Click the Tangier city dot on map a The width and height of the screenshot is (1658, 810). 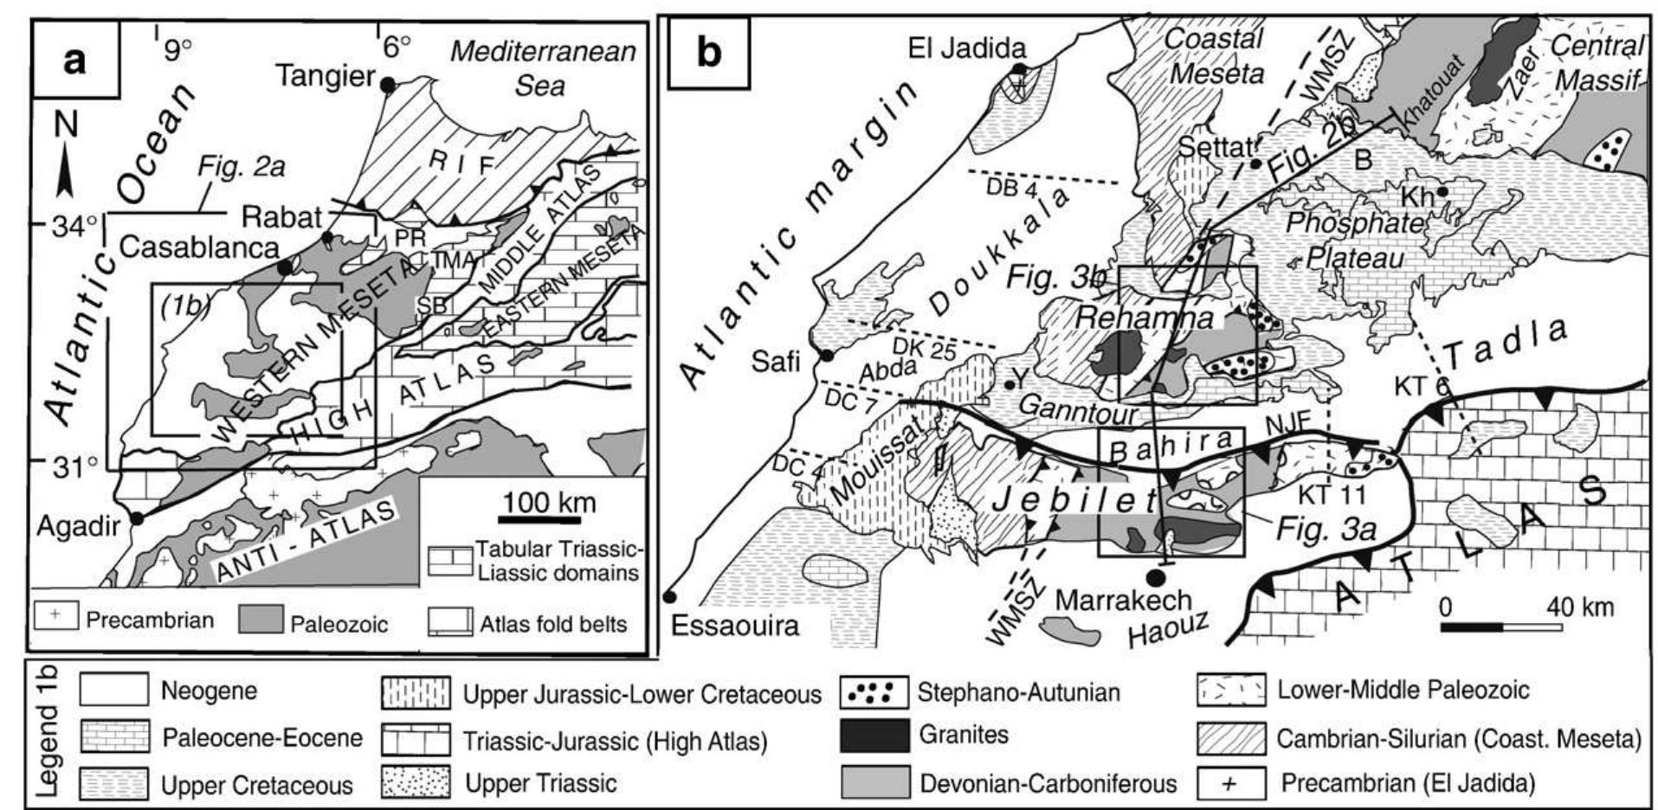[388, 84]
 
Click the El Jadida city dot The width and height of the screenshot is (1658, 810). [1022, 69]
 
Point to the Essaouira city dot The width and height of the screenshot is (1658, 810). [668, 595]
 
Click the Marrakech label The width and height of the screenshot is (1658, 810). [1125, 599]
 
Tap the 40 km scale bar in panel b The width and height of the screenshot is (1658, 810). [1502, 626]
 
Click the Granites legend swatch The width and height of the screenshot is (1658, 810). [874, 735]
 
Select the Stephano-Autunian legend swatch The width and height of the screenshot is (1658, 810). [874, 692]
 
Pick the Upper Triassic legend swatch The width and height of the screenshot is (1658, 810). [416, 783]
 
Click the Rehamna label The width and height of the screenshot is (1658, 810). [1145, 318]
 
